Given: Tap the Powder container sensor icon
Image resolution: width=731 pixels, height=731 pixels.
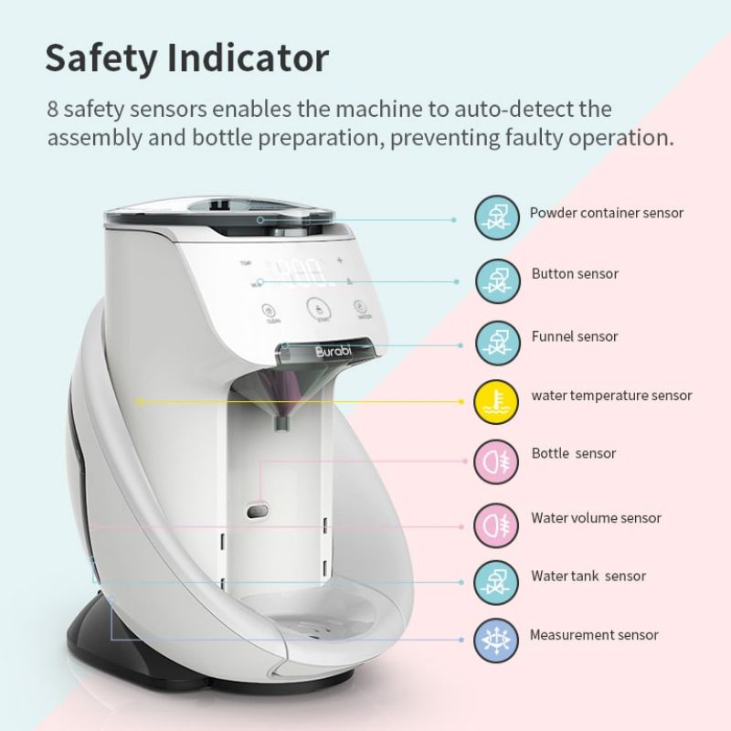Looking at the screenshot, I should click(496, 218).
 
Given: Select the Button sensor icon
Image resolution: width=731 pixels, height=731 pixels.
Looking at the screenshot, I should click(496, 279).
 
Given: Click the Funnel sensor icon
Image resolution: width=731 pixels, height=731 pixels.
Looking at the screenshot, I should click(496, 341).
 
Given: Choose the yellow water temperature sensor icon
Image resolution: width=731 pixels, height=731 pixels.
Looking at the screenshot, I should click(496, 400).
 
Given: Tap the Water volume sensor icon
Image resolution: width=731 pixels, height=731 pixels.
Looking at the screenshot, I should click(496, 523).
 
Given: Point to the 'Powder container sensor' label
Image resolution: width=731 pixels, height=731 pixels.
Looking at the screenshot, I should click(607, 213).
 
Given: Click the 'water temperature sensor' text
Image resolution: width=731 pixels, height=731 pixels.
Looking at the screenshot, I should click(611, 396).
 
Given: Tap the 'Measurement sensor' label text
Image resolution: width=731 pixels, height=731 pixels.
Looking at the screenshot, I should click(594, 635).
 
